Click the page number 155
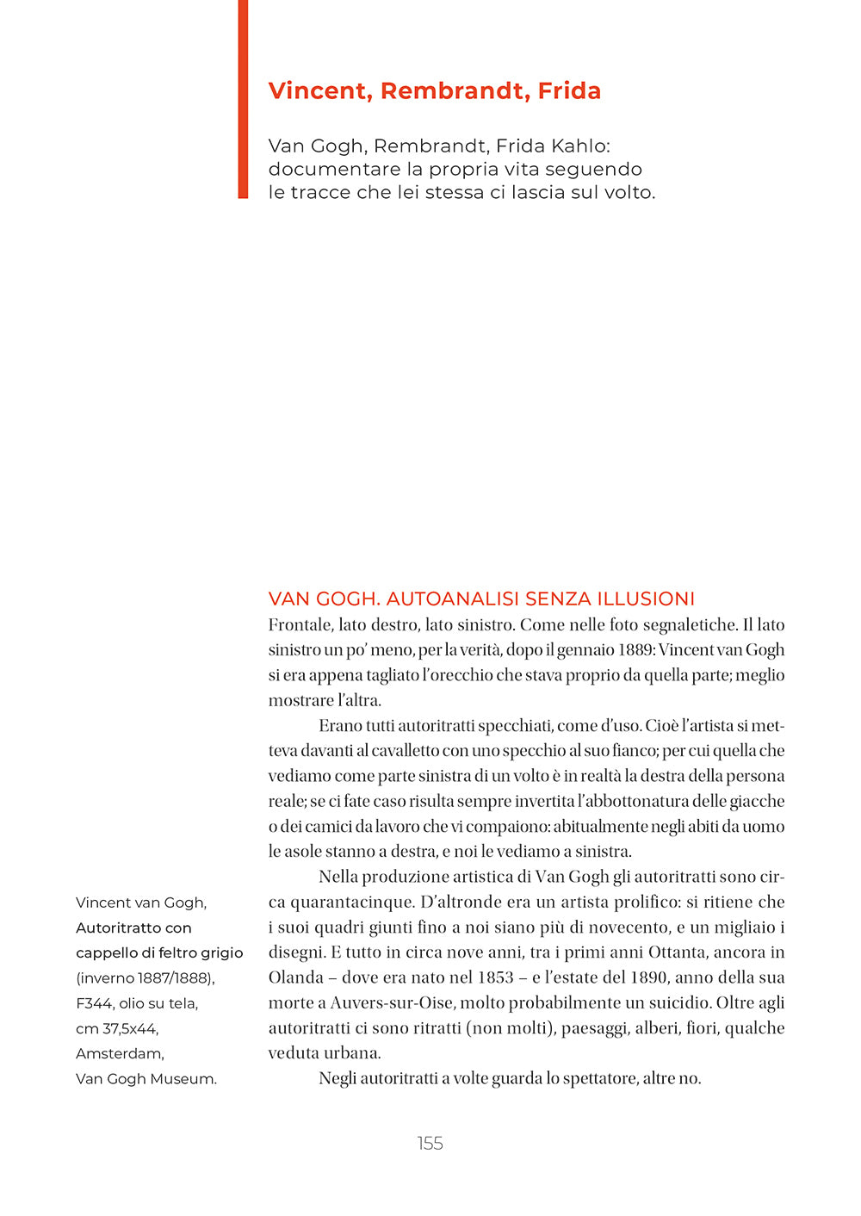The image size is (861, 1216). pos(430,1143)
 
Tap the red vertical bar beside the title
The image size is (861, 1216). pos(243,99)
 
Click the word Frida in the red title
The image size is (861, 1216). pos(569,90)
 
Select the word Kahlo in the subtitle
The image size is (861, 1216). pos(579,146)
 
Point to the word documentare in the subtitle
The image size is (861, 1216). pos(333,169)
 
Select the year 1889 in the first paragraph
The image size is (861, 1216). pos(635,649)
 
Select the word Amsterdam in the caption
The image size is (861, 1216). pos(118,1053)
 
